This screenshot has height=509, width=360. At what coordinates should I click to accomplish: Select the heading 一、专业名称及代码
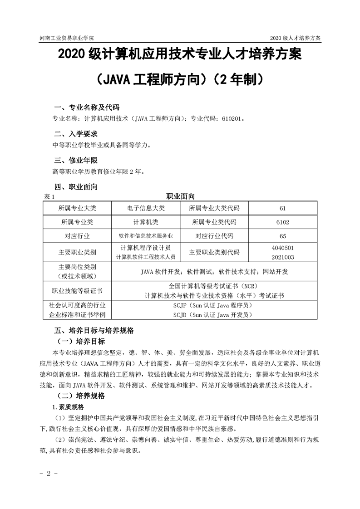pyautogui.click(x=86, y=108)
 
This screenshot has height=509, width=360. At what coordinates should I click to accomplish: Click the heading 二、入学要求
pyautogui.click(x=75, y=134)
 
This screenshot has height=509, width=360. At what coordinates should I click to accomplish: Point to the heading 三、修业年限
pyautogui.click(x=75, y=161)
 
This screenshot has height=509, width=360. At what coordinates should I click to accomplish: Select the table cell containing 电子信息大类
pyautogui.click(x=146, y=208)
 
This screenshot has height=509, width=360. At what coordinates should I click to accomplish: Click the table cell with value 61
pyautogui.click(x=282, y=208)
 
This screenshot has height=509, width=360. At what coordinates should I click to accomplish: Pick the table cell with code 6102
pyautogui.click(x=282, y=222)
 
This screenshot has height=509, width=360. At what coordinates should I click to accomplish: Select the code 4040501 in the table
pyautogui.click(x=282, y=249)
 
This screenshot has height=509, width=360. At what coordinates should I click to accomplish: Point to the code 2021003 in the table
pyautogui.click(x=282, y=257)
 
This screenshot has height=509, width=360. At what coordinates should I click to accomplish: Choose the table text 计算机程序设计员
pyautogui.click(x=146, y=248)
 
